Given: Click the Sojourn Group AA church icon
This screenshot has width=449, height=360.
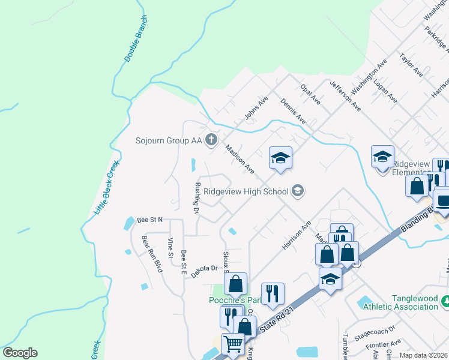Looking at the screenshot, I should (211, 140).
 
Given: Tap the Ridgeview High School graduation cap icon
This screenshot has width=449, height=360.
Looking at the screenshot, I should (297, 191).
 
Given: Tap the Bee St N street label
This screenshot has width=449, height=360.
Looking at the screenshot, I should (149, 220).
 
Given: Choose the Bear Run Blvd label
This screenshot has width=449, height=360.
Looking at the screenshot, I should (152, 254).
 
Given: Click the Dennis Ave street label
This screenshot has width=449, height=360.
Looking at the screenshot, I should (293, 111).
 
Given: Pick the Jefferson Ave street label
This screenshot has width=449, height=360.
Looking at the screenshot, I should (345, 97).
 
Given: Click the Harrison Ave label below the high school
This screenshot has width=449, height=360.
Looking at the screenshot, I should (297, 235).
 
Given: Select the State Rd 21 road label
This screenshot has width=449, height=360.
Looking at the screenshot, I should (280, 317).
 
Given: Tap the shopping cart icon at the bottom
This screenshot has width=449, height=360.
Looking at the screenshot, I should (233, 345).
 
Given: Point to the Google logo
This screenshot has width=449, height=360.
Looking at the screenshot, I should (20, 353).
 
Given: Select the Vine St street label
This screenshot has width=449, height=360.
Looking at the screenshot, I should (170, 248).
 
